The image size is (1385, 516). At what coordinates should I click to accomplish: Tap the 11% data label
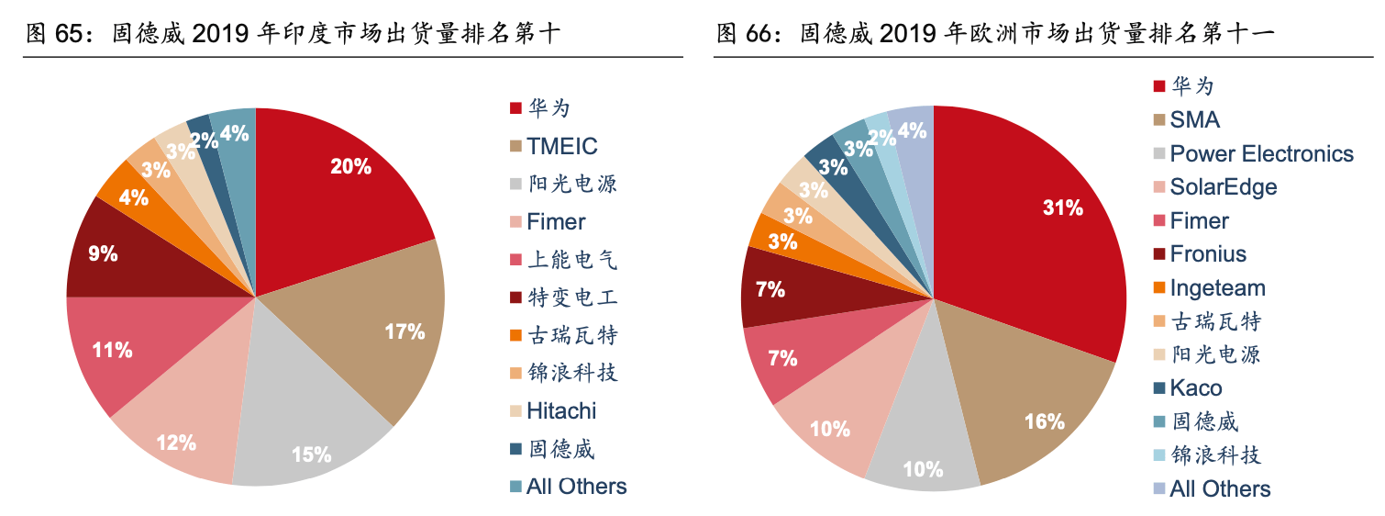click(x=112, y=350)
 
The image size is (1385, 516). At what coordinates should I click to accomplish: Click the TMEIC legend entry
click(x=561, y=146)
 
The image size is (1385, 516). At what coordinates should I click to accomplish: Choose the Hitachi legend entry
click(x=561, y=410)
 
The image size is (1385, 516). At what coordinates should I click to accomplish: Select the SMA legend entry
click(x=1195, y=120)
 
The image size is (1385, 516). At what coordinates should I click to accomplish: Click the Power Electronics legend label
click(x=1261, y=153)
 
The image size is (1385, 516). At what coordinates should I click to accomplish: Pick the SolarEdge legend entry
click(x=1223, y=187)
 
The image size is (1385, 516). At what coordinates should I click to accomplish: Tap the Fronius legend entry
click(x=1208, y=254)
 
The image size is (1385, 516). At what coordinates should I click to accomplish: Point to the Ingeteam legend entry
click(x=1217, y=288)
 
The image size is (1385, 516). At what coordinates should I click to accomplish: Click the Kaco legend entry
click(x=1195, y=388)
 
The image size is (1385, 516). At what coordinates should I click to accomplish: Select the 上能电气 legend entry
click(x=571, y=260)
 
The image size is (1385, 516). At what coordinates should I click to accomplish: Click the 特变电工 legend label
click(x=571, y=297)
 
